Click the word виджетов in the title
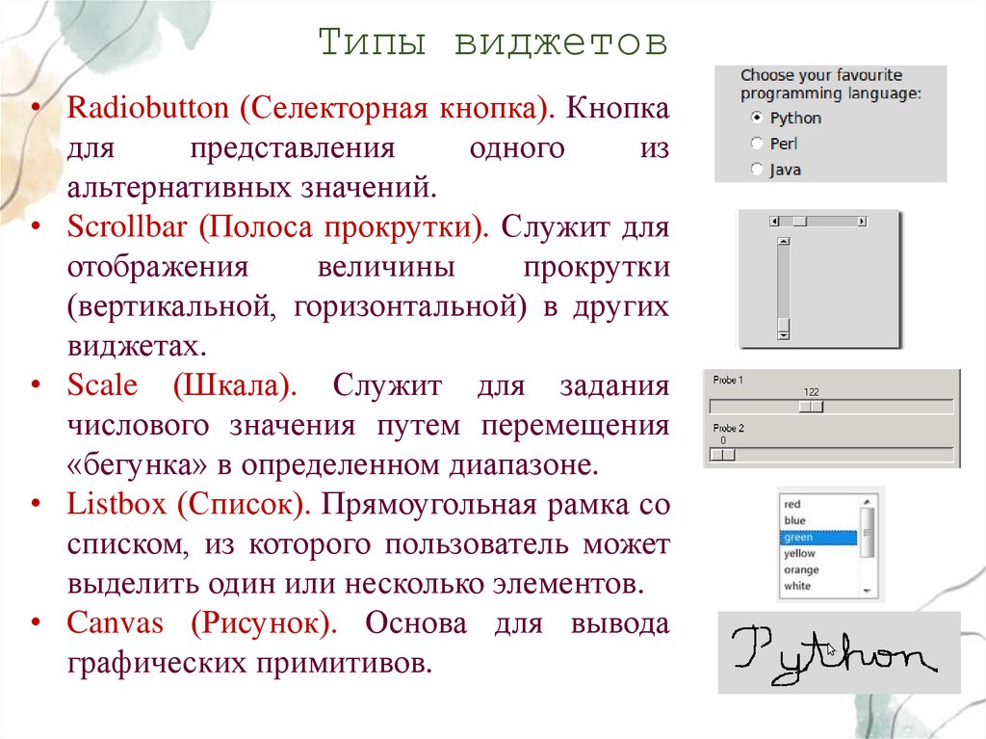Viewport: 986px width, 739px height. tap(561, 43)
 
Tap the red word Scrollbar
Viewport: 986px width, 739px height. tap(128, 229)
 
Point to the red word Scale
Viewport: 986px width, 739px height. tap(103, 386)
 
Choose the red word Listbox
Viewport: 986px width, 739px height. tap(117, 504)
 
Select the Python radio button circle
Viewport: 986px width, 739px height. tap(757, 118)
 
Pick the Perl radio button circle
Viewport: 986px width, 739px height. tap(757, 144)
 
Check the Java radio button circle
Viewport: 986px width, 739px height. tap(757, 170)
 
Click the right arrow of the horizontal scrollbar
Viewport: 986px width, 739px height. tap(861, 222)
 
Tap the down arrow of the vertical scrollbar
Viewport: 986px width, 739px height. tap(783, 334)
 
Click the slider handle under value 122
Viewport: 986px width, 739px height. tap(813, 407)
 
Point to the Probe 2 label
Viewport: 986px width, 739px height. tap(729, 428)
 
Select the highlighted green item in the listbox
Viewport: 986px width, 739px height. tap(818, 538)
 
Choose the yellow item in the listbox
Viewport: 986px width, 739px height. tap(799, 554)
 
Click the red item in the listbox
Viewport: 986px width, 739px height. tap(792, 504)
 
